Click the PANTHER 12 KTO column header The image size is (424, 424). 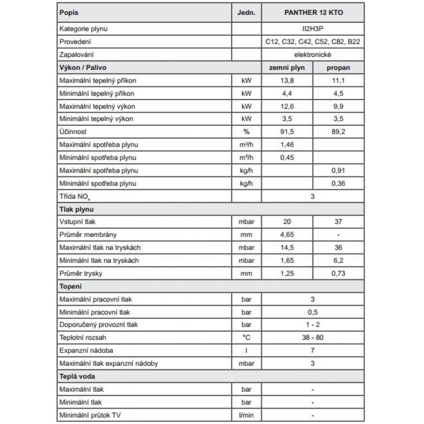click(313, 13)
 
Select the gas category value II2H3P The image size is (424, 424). click(313, 29)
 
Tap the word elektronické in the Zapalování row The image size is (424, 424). click(313, 55)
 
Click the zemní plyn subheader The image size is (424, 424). click(286, 68)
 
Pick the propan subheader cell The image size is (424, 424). click(339, 68)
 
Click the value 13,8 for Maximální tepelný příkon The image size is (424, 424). click(286, 81)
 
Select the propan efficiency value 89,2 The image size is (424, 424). click(339, 132)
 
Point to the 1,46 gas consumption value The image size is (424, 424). click(286, 145)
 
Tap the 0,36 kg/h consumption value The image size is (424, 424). click(339, 183)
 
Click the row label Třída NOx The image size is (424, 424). click(74, 197)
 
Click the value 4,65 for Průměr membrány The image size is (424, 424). click(286, 235)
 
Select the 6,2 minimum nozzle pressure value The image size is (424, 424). click(339, 261)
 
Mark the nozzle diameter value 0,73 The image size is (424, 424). click(339, 273)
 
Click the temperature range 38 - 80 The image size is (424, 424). click(313, 338)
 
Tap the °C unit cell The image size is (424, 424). click(246, 338)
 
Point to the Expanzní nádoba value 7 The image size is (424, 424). click(313, 351)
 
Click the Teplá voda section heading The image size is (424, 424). click(75, 376)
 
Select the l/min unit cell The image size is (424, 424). click(246, 415)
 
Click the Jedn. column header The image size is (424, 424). click(246, 13)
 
